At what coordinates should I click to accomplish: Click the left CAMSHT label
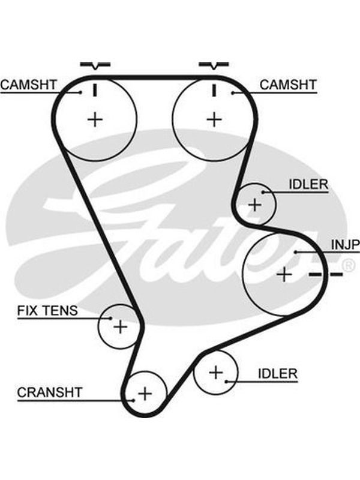click(x=28, y=85)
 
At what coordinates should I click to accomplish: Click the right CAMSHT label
click(x=288, y=85)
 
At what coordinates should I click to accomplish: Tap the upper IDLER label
click(x=308, y=184)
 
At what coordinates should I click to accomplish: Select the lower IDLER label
click(x=278, y=373)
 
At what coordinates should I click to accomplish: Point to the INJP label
click(x=346, y=245)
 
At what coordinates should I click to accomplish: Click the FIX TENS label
click(x=47, y=311)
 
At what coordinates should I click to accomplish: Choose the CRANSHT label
click(x=50, y=392)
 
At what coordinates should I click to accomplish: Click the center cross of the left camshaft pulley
click(x=95, y=119)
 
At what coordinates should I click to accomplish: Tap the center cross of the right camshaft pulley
click(x=214, y=119)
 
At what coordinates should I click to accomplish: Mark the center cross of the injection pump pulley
click(x=284, y=274)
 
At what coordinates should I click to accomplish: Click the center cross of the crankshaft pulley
click(x=145, y=394)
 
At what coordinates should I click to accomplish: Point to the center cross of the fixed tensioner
click(x=121, y=326)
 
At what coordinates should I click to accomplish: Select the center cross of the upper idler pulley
click(x=254, y=205)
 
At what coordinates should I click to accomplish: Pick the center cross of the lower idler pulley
click(x=216, y=373)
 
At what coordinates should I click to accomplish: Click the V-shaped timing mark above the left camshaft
click(x=95, y=65)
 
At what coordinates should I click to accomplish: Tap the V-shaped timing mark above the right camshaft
click(x=214, y=65)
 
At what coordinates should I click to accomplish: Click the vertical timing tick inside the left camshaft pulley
click(x=95, y=91)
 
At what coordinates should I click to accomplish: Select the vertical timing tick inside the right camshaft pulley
click(x=214, y=91)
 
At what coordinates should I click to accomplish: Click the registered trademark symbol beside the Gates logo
click(x=348, y=266)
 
